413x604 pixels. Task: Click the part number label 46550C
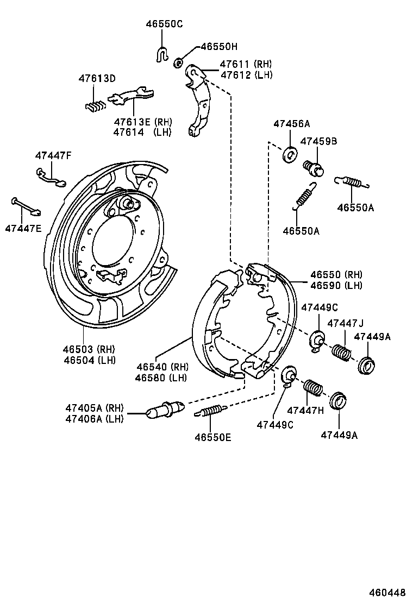pyautogui.click(x=164, y=24)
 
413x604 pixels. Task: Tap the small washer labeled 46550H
pyautogui.click(x=178, y=64)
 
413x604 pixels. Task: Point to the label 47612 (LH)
pyautogui.click(x=246, y=75)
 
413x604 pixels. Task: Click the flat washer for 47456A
pyautogui.click(x=290, y=155)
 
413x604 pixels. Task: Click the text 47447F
pyautogui.click(x=53, y=156)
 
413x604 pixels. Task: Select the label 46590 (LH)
pyautogui.click(x=336, y=286)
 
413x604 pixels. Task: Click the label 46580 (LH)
pyautogui.click(x=161, y=378)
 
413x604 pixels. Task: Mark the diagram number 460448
pyautogui.click(x=388, y=593)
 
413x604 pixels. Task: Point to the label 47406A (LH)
pyautogui.click(x=95, y=418)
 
